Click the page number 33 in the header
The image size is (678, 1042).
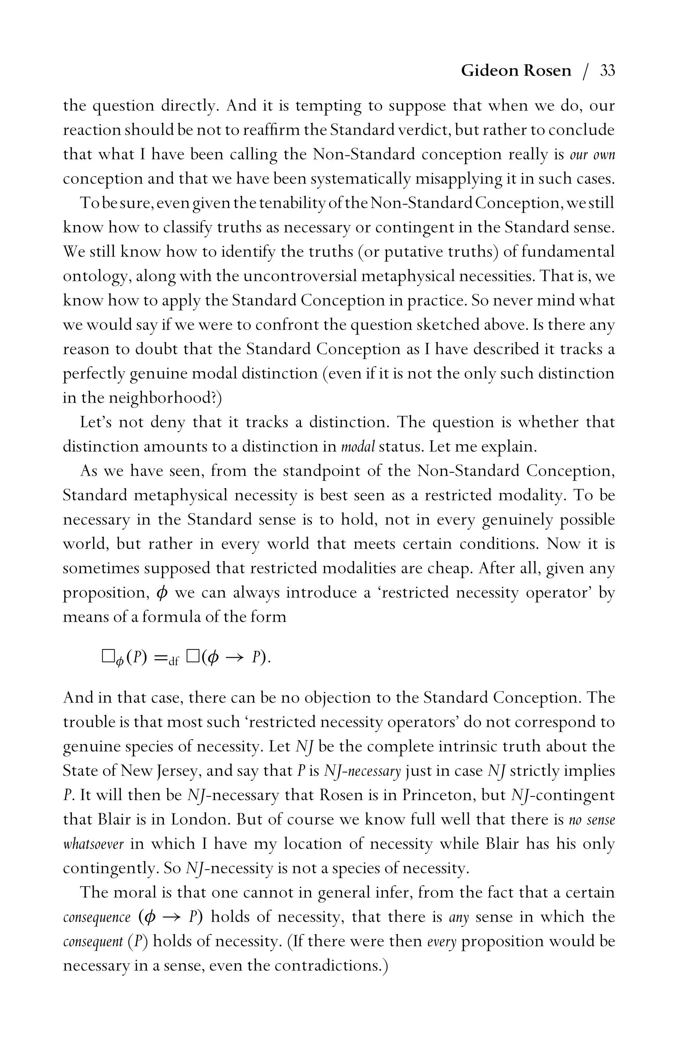607,71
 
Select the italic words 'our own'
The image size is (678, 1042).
592,155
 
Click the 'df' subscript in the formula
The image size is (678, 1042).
173,661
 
